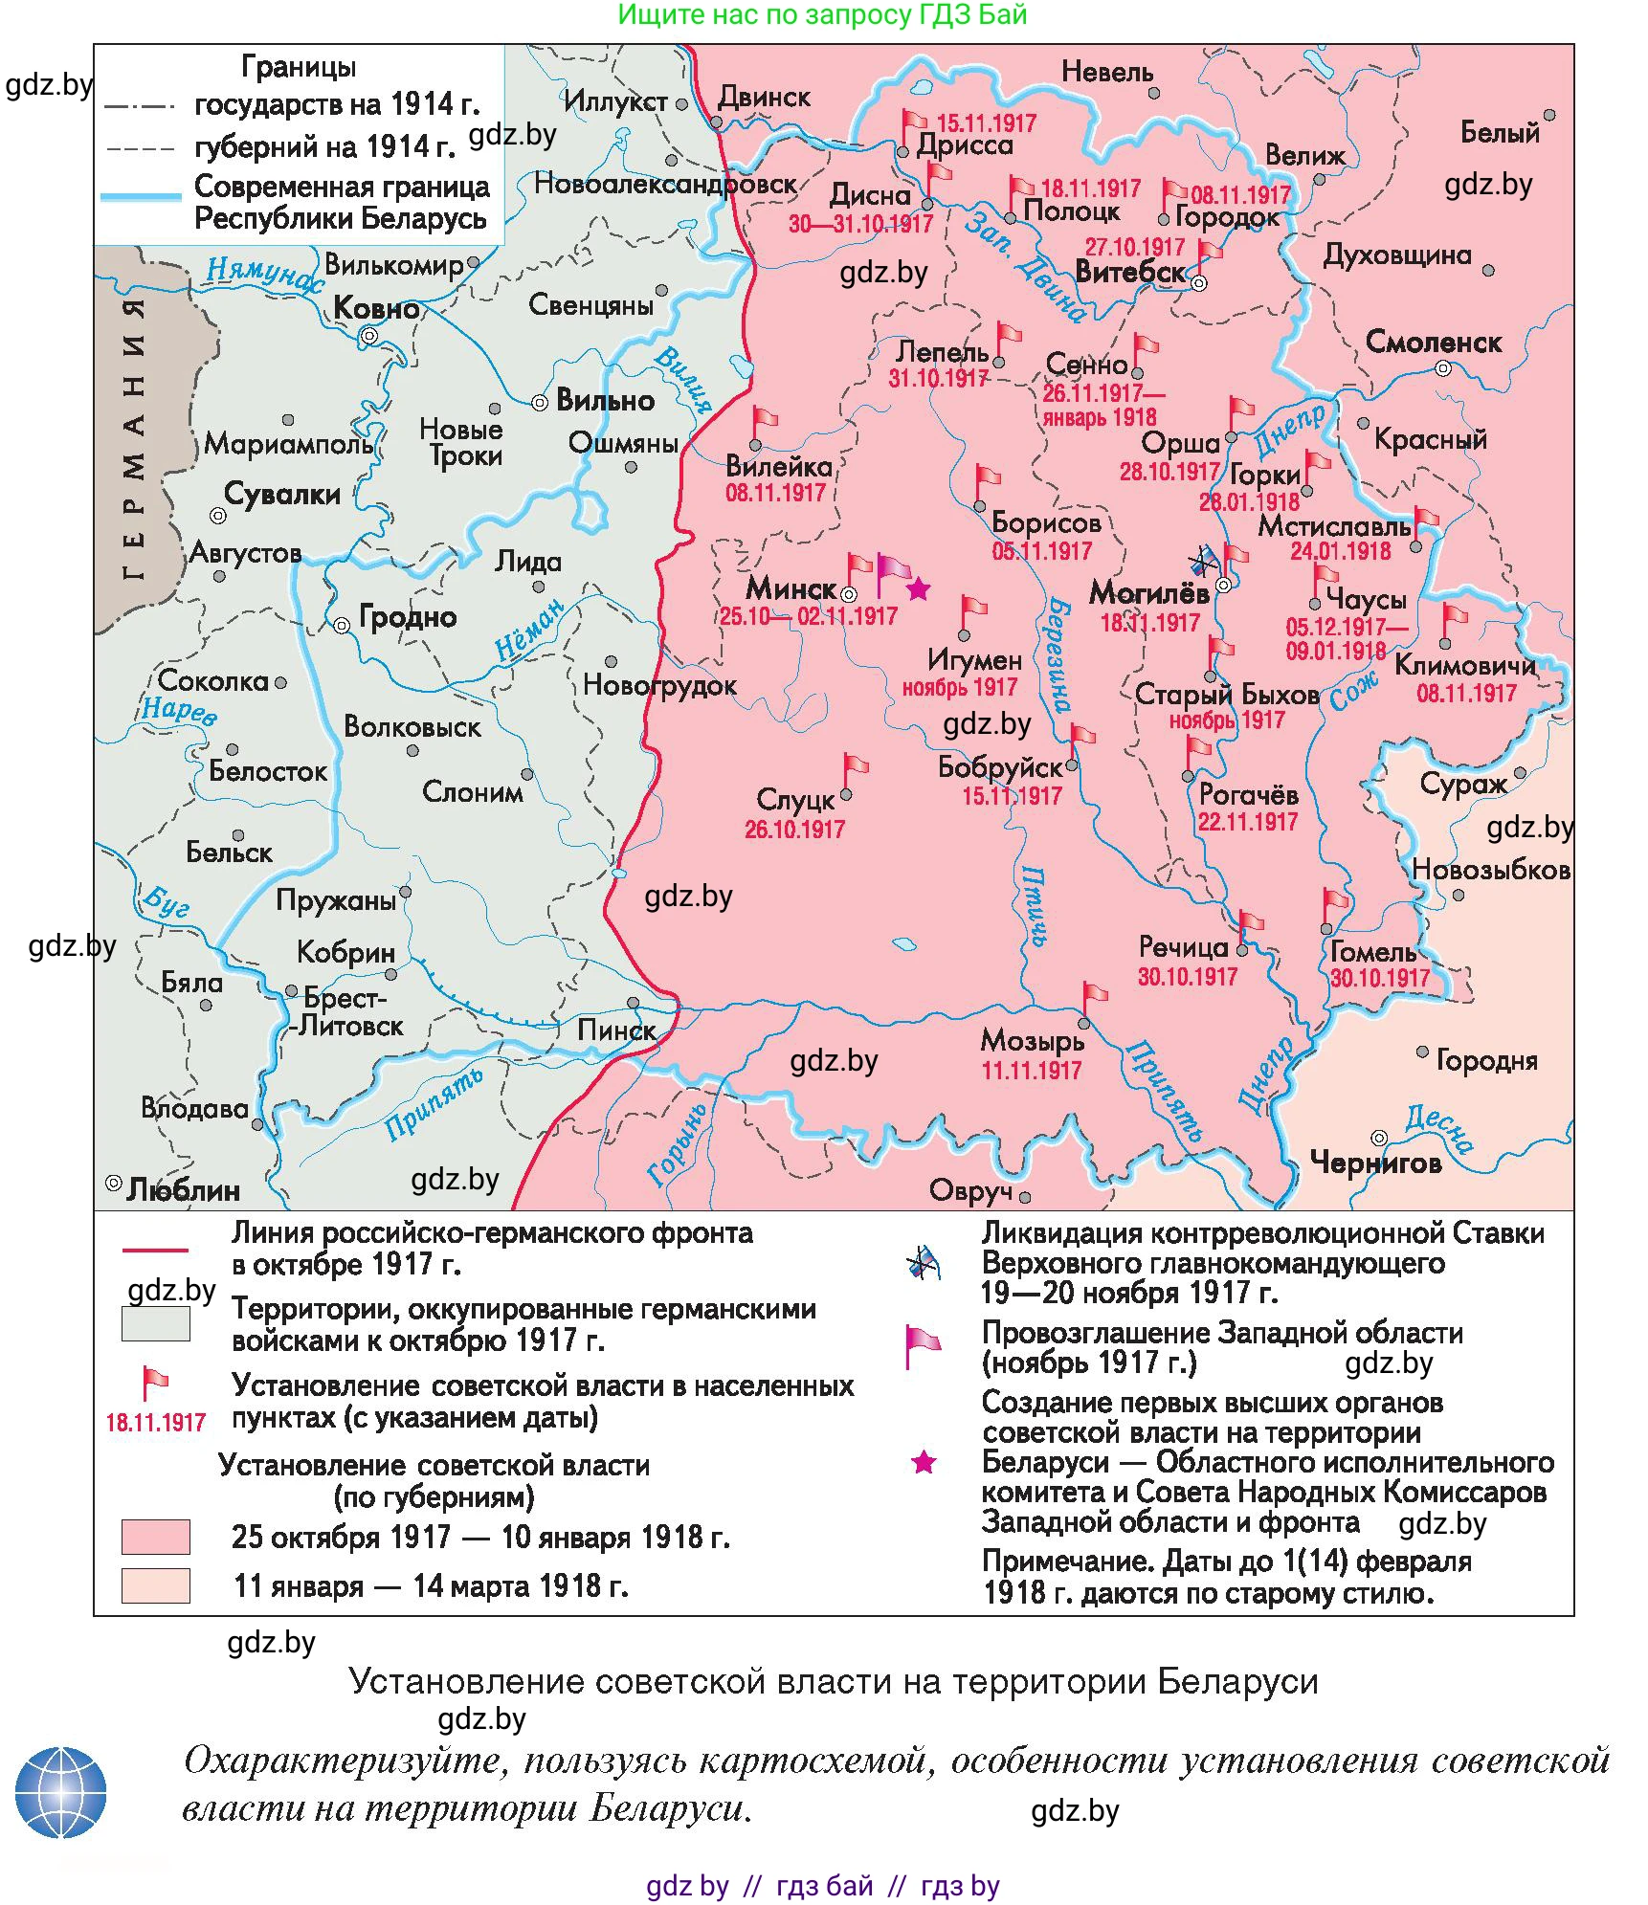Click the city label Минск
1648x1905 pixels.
(791, 587)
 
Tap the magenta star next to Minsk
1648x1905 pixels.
(918, 588)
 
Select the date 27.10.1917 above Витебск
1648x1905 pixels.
(1134, 247)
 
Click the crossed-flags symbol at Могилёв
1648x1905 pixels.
(1202, 562)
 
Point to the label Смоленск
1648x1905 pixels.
(1433, 343)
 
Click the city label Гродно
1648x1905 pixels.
(408, 617)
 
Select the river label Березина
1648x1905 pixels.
(1058, 655)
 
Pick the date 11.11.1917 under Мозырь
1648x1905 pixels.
(1031, 1070)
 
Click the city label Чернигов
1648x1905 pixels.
(1375, 1163)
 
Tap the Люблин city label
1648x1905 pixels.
(183, 1189)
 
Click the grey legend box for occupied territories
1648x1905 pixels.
(155, 1323)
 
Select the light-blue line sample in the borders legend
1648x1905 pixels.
(141, 197)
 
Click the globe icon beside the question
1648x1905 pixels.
(60, 1792)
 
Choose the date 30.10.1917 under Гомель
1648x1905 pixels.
(1379, 978)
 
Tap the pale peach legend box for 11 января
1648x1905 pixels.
(155, 1584)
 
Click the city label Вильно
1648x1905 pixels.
(605, 400)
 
